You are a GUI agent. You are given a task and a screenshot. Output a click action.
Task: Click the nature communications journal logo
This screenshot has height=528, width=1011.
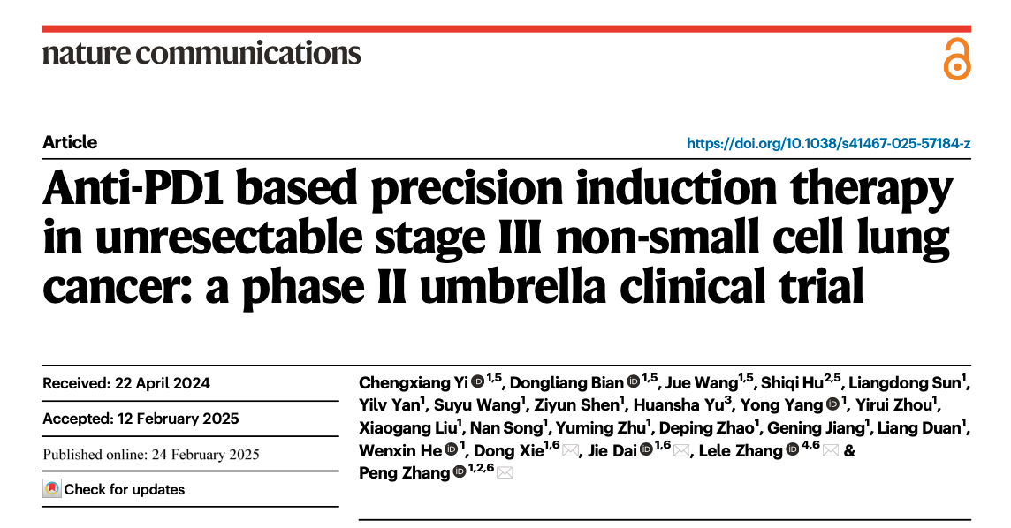[201, 53]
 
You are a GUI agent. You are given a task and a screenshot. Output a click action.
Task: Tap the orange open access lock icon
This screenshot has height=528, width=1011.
[956, 59]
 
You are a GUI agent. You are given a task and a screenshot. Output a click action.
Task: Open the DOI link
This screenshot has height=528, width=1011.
[828, 143]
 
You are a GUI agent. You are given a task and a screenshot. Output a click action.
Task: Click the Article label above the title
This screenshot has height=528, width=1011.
[70, 142]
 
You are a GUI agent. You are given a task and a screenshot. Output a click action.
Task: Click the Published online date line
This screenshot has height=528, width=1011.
[151, 455]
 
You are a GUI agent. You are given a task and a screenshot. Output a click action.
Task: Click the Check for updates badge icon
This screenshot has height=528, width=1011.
[53, 489]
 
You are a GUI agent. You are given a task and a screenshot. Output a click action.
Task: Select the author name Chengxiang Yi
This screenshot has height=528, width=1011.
[413, 382]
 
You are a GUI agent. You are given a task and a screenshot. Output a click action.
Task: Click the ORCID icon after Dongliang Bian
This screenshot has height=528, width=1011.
[633, 382]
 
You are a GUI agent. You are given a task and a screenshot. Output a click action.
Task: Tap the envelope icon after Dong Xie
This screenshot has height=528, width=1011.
[570, 452]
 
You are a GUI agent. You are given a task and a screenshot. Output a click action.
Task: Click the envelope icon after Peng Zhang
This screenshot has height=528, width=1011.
[505, 473]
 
